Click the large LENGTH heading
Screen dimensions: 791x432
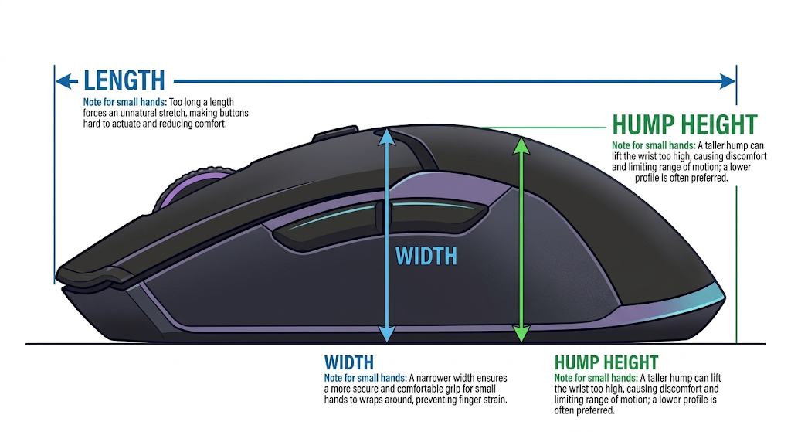pyautogui.click(x=124, y=80)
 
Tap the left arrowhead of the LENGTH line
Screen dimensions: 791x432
pyautogui.click(x=66, y=80)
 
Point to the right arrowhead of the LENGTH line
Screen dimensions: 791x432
pyautogui.click(x=728, y=80)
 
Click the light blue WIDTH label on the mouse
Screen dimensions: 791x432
pyautogui.click(x=426, y=257)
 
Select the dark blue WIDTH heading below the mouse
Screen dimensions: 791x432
pyautogui.click(x=349, y=363)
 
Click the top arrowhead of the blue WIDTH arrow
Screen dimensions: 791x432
pyautogui.click(x=386, y=136)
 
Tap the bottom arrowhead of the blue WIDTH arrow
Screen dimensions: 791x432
pyautogui.click(x=386, y=333)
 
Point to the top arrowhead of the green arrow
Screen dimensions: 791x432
pyautogui.click(x=521, y=145)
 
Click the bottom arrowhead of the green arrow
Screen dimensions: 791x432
pyautogui.click(x=521, y=334)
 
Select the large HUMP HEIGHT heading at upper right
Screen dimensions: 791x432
pyautogui.click(x=684, y=124)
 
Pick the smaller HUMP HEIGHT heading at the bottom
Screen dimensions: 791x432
pyautogui.click(x=606, y=363)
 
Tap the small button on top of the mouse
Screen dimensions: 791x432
pyautogui.click(x=336, y=132)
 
